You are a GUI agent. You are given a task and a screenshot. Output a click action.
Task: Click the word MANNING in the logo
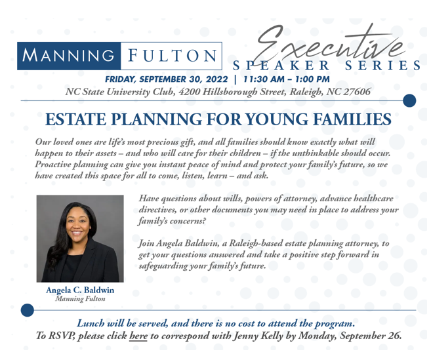(x=68, y=55)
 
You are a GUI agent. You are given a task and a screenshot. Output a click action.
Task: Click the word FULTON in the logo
(x=173, y=55)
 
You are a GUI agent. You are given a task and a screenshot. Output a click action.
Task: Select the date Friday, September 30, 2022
(x=166, y=79)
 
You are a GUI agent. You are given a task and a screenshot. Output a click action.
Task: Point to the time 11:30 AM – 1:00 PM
(x=287, y=79)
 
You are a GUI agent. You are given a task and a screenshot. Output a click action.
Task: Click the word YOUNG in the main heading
(x=277, y=119)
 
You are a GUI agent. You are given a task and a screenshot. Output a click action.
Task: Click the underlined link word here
(x=138, y=336)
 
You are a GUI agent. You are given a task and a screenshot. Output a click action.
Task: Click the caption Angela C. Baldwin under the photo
(x=80, y=290)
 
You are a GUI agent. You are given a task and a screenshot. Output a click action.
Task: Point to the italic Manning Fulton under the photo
(x=80, y=299)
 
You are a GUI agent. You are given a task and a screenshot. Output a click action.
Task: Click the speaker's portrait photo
(x=80, y=239)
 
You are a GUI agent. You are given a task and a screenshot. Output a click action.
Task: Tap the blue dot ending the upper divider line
(x=409, y=100)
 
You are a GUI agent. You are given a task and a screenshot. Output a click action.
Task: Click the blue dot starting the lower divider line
(x=27, y=310)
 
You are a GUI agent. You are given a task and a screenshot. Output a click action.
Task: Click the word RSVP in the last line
(x=62, y=336)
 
